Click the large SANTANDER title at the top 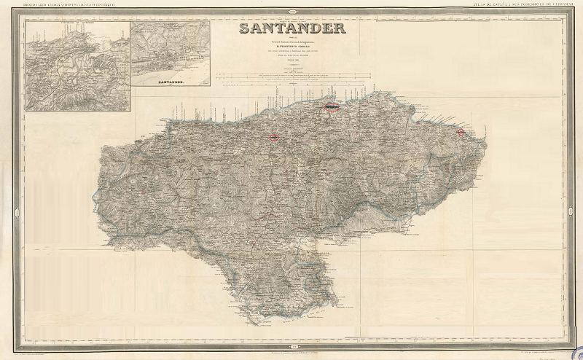click(291, 30)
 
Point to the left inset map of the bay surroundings click(78, 66)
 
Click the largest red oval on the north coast click(332, 107)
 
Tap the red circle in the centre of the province click(274, 136)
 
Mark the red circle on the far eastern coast click(461, 132)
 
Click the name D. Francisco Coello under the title click(291, 54)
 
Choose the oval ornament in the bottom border click(291, 345)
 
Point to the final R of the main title click(339, 30)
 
